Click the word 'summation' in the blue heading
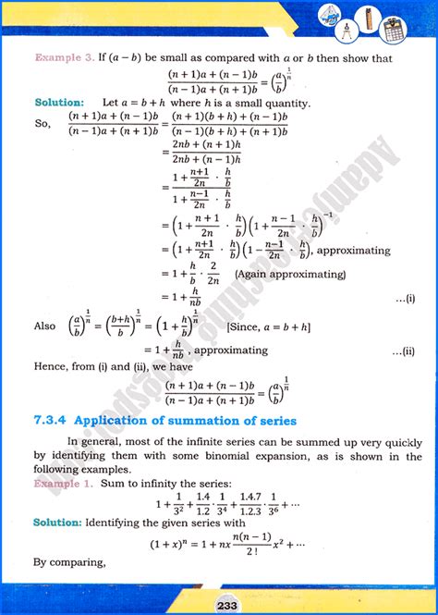pyautogui.click(x=226, y=421)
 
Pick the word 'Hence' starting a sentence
pyautogui.click(x=50, y=367)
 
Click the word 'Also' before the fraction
pyautogui.click(x=44, y=326)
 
